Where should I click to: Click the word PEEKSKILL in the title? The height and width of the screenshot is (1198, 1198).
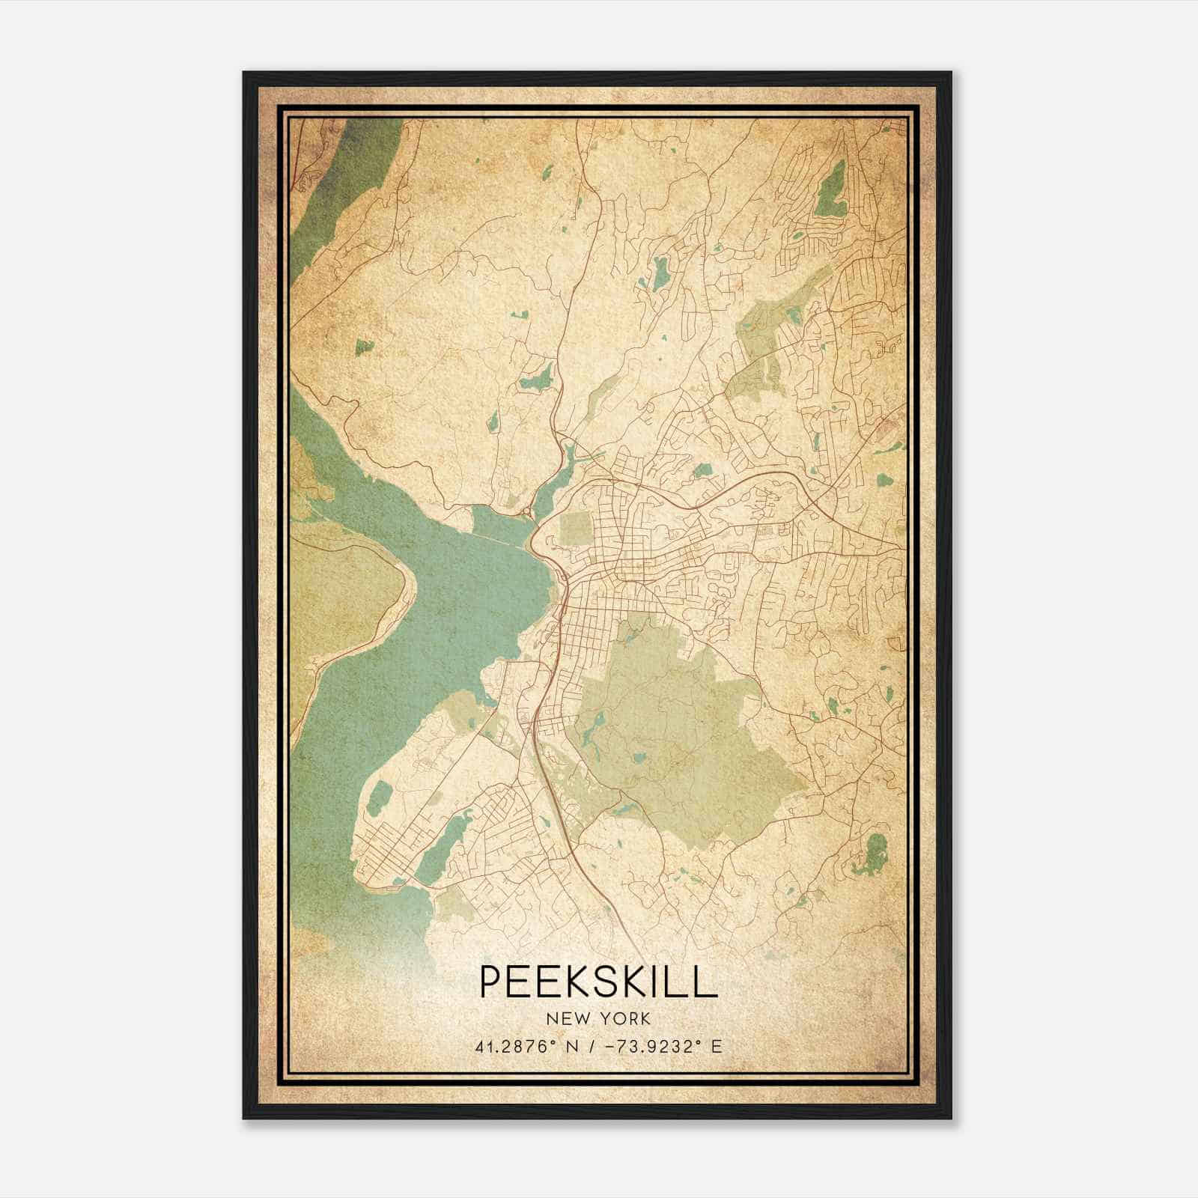pos(598,982)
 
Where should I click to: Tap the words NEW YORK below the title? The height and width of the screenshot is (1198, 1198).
pos(598,1019)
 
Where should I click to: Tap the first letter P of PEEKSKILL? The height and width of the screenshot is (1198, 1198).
pos(490,982)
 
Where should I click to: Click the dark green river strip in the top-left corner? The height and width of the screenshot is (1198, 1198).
pos(337,180)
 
